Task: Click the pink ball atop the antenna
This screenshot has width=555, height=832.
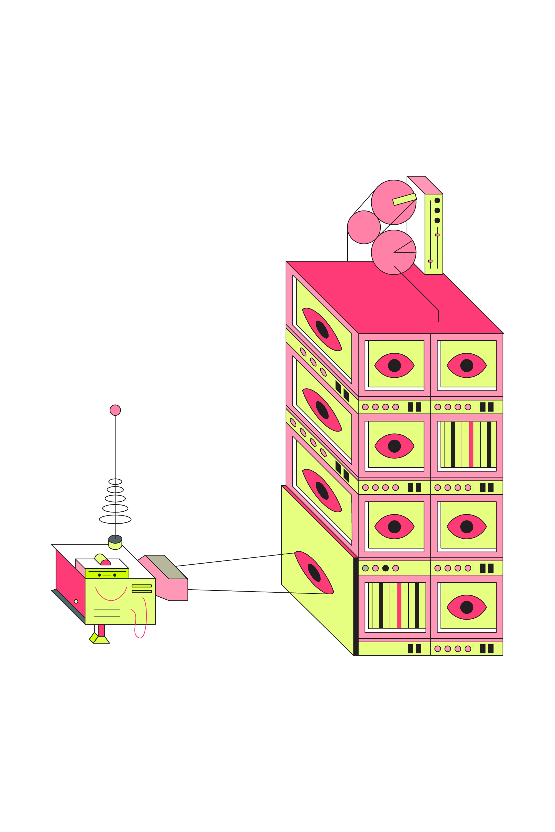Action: pos(115,410)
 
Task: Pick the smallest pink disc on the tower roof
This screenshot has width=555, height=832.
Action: pos(364,227)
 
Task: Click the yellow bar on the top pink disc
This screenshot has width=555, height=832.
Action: pos(404,199)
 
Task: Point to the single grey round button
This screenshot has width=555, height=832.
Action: pos(365,568)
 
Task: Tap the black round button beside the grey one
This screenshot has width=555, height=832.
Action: pos(385,568)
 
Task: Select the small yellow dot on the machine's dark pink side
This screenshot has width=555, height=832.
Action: pos(76,601)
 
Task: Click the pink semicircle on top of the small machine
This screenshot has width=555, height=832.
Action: pos(105,562)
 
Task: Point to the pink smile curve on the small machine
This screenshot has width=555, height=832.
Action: pos(111,596)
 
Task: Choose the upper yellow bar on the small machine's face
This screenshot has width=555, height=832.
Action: pos(142,586)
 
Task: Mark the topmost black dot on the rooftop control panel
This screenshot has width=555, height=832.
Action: pos(437,201)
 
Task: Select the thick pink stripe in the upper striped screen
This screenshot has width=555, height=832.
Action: pos(471,444)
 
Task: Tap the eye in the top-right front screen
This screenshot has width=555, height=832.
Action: pos(466,366)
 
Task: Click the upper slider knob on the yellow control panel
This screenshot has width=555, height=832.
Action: pos(437,235)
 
